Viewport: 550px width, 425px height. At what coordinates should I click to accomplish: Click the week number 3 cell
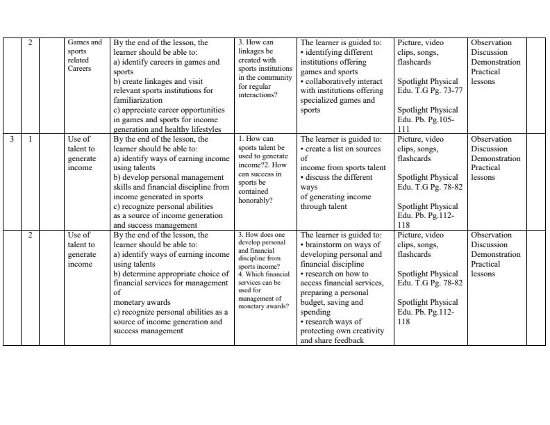12,139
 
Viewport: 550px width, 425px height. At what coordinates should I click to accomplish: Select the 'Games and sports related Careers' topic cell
84,56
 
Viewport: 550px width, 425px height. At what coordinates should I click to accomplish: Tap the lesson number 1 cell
30,139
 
